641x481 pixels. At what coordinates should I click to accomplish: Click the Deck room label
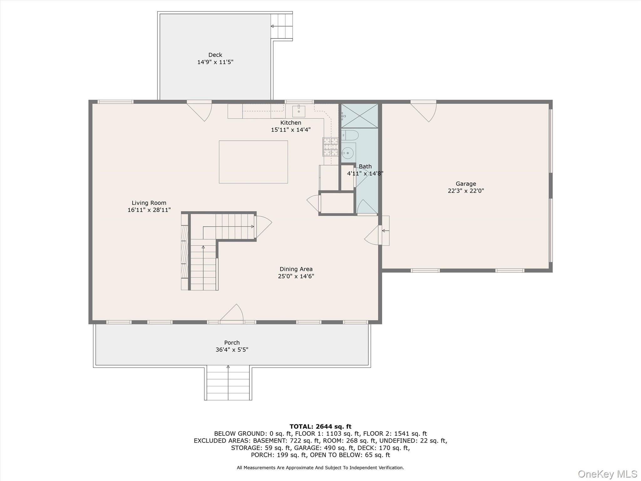215,55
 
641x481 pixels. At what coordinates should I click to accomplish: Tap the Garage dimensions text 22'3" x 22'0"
466,191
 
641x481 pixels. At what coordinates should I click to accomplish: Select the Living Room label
149,203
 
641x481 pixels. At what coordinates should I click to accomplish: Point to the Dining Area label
296,269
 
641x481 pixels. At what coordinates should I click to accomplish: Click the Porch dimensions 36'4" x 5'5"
232,349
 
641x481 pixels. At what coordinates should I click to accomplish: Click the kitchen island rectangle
253,162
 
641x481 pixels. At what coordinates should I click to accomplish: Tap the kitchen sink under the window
299,111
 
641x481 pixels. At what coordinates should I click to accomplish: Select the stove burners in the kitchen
331,147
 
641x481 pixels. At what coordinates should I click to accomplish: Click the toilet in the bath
350,135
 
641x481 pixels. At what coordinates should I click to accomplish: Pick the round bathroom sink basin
347,153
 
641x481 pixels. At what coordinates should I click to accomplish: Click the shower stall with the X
359,116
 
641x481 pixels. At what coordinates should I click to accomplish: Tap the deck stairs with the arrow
282,26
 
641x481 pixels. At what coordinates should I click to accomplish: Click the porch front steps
228,383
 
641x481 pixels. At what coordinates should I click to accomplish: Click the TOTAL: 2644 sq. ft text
320,427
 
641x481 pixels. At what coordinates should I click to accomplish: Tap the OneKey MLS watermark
607,474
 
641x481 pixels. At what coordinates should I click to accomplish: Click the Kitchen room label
290,123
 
